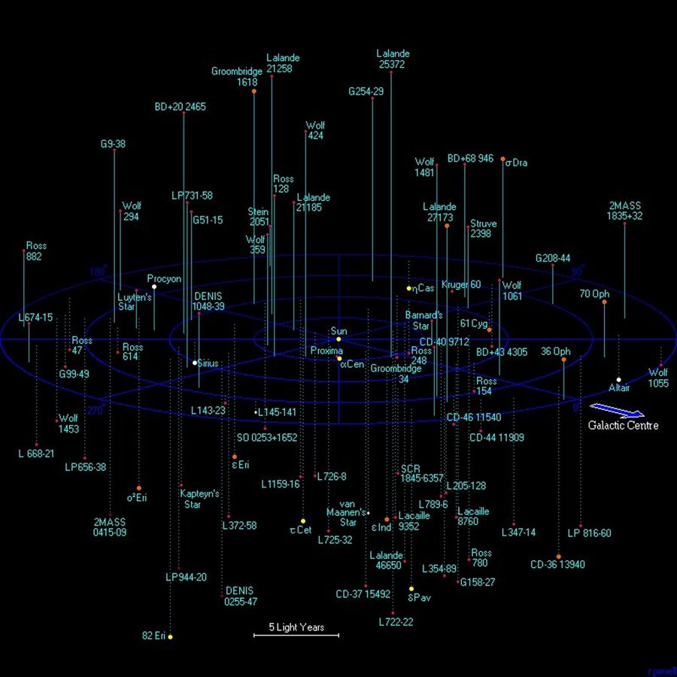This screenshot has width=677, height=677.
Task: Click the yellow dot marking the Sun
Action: pyautogui.click(x=338, y=339)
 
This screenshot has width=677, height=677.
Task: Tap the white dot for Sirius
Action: pyautogui.click(x=195, y=363)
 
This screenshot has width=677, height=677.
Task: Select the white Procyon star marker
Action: pyautogui.click(x=154, y=287)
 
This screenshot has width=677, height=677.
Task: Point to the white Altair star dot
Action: pyautogui.click(x=618, y=380)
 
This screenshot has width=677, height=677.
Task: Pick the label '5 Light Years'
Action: pyautogui.click(x=296, y=627)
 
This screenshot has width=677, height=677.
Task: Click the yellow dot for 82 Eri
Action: pyautogui.click(x=170, y=637)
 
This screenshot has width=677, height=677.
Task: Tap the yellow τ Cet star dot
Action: pyautogui.click(x=302, y=521)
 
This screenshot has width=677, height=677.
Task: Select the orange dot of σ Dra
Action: pyautogui.click(x=503, y=159)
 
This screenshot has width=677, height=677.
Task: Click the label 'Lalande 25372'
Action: pyautogui.click(x=393, y=59)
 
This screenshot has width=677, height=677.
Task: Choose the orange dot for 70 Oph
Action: pyautogui.click(x=604, y=302)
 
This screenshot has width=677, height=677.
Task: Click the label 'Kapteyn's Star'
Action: pyautogui.click(x=199, y=499)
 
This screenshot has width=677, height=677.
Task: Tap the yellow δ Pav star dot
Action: pyautogui.click(x=411, y=589)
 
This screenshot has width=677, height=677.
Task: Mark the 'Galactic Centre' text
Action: pyautogui.click(x=624, y=426)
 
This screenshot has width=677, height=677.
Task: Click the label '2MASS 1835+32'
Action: pyautogui.click(x=624, y=211)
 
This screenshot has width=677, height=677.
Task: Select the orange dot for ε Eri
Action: pyautogui.click(x=235, y=457)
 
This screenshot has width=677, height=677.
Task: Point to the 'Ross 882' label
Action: pyautogui.click(x=35, y=251)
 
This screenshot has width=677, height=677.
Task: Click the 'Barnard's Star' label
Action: pyautogui.click(x=424, y=320)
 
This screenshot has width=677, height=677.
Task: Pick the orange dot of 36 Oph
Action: pyautogui.click(x=563, y=360)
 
